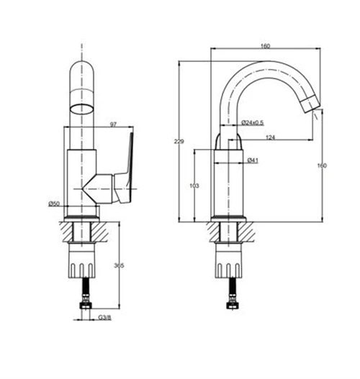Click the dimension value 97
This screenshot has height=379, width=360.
pyautogui.click(x=114, y=125)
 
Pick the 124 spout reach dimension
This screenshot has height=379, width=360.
pyautogui.click(x=270, y=137)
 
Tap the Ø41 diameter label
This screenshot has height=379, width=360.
pyautogui.click(x=253, y=160)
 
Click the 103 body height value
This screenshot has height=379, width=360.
pyautogui.click(x=193, y=186)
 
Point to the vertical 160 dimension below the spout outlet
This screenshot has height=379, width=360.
pyautogui.click(x=321, y=166)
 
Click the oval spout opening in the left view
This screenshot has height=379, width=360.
pyautogui.click(x=81, y=109)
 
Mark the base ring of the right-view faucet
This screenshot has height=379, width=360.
pyautogui.click(x=230, y=218)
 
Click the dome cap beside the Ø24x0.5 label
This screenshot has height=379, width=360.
pyautogui.click(x=230, y=137)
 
